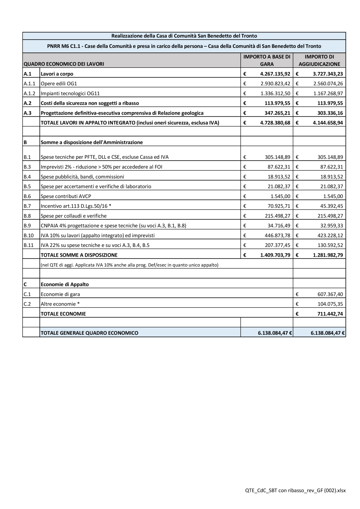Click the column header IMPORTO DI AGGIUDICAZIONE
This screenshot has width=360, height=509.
(x=319, y=60)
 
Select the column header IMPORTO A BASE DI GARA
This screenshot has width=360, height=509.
(x=267, y=60)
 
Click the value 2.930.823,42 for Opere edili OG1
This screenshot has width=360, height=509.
(x=275, y=84)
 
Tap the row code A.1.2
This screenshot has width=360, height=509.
(x=30, y=93)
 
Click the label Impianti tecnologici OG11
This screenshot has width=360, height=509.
(x=70, y=93)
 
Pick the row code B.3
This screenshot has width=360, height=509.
(x=27, y=167)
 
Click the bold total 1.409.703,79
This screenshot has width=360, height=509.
(x=275, y=255)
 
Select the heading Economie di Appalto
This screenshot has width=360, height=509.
(x=64, y=284)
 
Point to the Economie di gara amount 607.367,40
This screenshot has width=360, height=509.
(x=330, y=294)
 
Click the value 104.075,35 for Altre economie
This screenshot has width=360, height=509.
(x=330, y=304)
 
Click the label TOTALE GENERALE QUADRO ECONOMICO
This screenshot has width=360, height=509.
(x=89, y=333)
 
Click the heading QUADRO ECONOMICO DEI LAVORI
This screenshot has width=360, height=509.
(x=64, y=64)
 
